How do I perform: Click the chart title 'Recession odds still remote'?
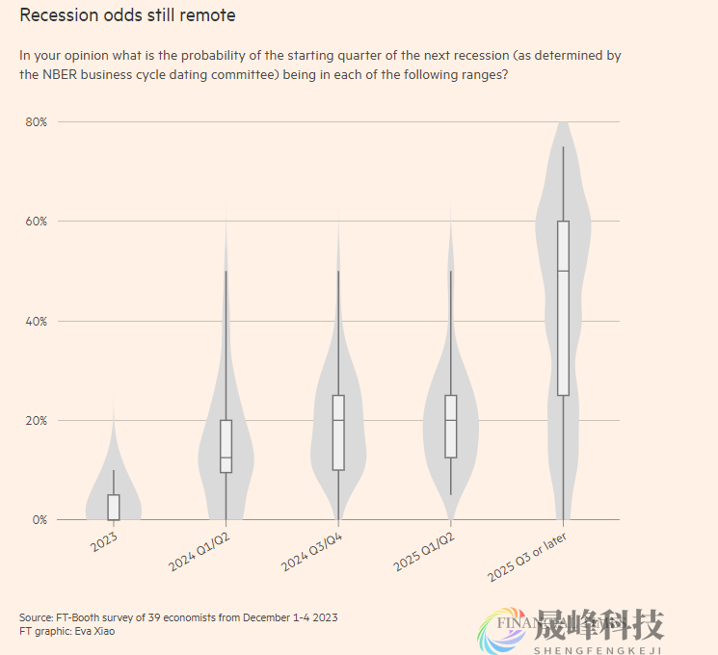[x=127, y=15]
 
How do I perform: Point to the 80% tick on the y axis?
[x=37, y=122]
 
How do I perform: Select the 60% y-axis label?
[x=37, y=222]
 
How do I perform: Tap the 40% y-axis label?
[x=37, y=321]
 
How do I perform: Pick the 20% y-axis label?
[x=37, y=421]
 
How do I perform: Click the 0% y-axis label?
[x=40, y=520]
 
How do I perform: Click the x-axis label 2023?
[x=104, y=543]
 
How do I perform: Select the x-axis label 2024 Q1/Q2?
[x=199, y=550]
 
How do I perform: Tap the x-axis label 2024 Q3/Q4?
[x=311, y=550]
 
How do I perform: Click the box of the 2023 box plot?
[x=114, y=507]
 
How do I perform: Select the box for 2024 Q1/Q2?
[x=226, y=446]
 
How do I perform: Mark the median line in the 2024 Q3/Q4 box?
[x=338, y=420]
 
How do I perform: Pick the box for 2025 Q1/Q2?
[x=451, y=427]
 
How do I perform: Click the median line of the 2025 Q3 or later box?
[x=563, y=271]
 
